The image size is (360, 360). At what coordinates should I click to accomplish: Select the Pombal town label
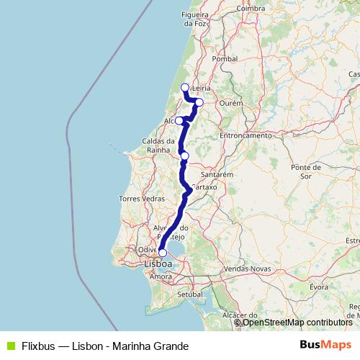tap(225, 58)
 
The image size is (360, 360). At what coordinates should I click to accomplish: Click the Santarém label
tap(216, 174)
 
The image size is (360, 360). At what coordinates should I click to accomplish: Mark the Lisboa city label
tap(158, 264)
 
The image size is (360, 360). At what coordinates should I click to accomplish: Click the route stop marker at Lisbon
tap(163, 253)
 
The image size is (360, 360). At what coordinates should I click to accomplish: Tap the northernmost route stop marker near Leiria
tap(185, 88)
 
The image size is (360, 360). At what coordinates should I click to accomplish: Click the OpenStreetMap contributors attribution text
tap(294, 323)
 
